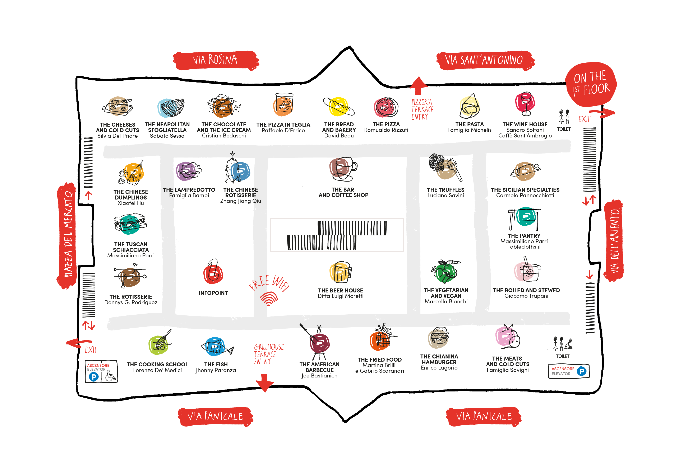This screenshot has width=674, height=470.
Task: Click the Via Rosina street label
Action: (216, 60)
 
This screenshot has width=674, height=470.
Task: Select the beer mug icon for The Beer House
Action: (341, 272)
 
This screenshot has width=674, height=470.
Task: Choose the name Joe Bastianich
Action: (319, 376)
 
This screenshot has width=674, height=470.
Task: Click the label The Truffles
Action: (446, 190)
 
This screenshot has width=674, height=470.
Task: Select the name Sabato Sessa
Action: (167, 136)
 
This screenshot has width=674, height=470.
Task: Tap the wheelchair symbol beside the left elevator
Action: (110, 376)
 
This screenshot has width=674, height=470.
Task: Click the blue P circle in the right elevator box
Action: (582, 371)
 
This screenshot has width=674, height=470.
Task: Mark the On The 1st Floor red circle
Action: (591, 84)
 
